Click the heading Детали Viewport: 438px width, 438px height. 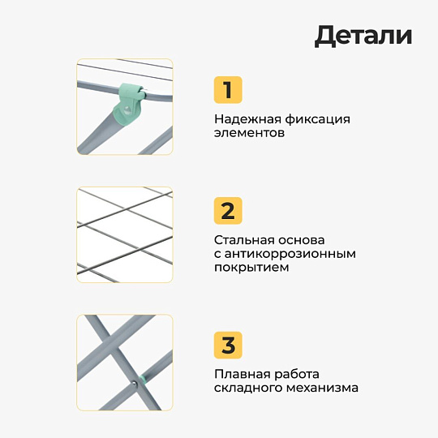click(x=363, y=36)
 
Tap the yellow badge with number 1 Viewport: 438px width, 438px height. click(x=228, y=90)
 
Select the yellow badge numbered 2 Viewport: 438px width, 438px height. click(x=228, y=211)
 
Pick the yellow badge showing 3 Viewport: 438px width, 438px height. click(x=228, y=345)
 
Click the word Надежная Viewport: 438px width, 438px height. click(x=247, y=119)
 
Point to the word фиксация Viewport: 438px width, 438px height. click(x=318, y=119)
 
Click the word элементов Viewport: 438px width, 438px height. click(x=249, y=133)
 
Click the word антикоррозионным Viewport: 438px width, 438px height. click(x=290, y=254)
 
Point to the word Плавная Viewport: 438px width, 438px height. click(x=243, y=374)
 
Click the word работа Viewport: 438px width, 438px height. click(x=297, y=374)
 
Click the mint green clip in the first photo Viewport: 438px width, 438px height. click(x=128, y=103)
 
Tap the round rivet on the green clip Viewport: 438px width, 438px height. click(x=127, y=109)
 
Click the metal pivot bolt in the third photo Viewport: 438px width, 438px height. click(x=135, y=384)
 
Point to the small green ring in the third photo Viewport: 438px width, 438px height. click(x=144, y=379)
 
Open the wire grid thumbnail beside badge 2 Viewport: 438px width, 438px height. click(x=125, y=234)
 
